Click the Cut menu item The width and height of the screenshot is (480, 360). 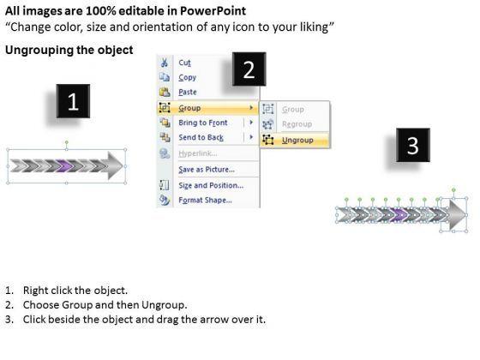click(x=184, y=63)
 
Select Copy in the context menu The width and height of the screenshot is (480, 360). click(x=187, y=77)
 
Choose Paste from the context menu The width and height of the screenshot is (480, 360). click(x=188, y=92)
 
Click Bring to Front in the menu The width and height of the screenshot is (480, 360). click(x=203, y=123)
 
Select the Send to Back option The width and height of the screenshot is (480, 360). click(x=201, y=137)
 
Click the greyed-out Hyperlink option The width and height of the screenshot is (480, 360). click(x=198, y=153)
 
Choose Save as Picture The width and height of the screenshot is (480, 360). click(x=207, y=170)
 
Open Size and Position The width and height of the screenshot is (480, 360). click(x=211, y=185)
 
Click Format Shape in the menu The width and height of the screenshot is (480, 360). click(x=205, y=201)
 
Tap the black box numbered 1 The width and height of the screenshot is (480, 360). click(x=73, y=101)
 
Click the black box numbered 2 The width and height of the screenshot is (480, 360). click(x=249, y=69)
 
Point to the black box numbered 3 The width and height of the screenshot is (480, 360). click(x=412, y=145)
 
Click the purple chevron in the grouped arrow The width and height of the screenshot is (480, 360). click(x=65, y=166)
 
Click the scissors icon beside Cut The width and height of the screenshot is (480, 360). click(x=165, y=63)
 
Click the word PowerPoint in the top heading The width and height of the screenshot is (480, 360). click(x=213, y=11)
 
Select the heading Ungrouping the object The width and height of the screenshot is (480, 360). click(x=69, y=50)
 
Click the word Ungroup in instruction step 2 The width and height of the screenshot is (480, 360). click(x=163, y=305)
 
